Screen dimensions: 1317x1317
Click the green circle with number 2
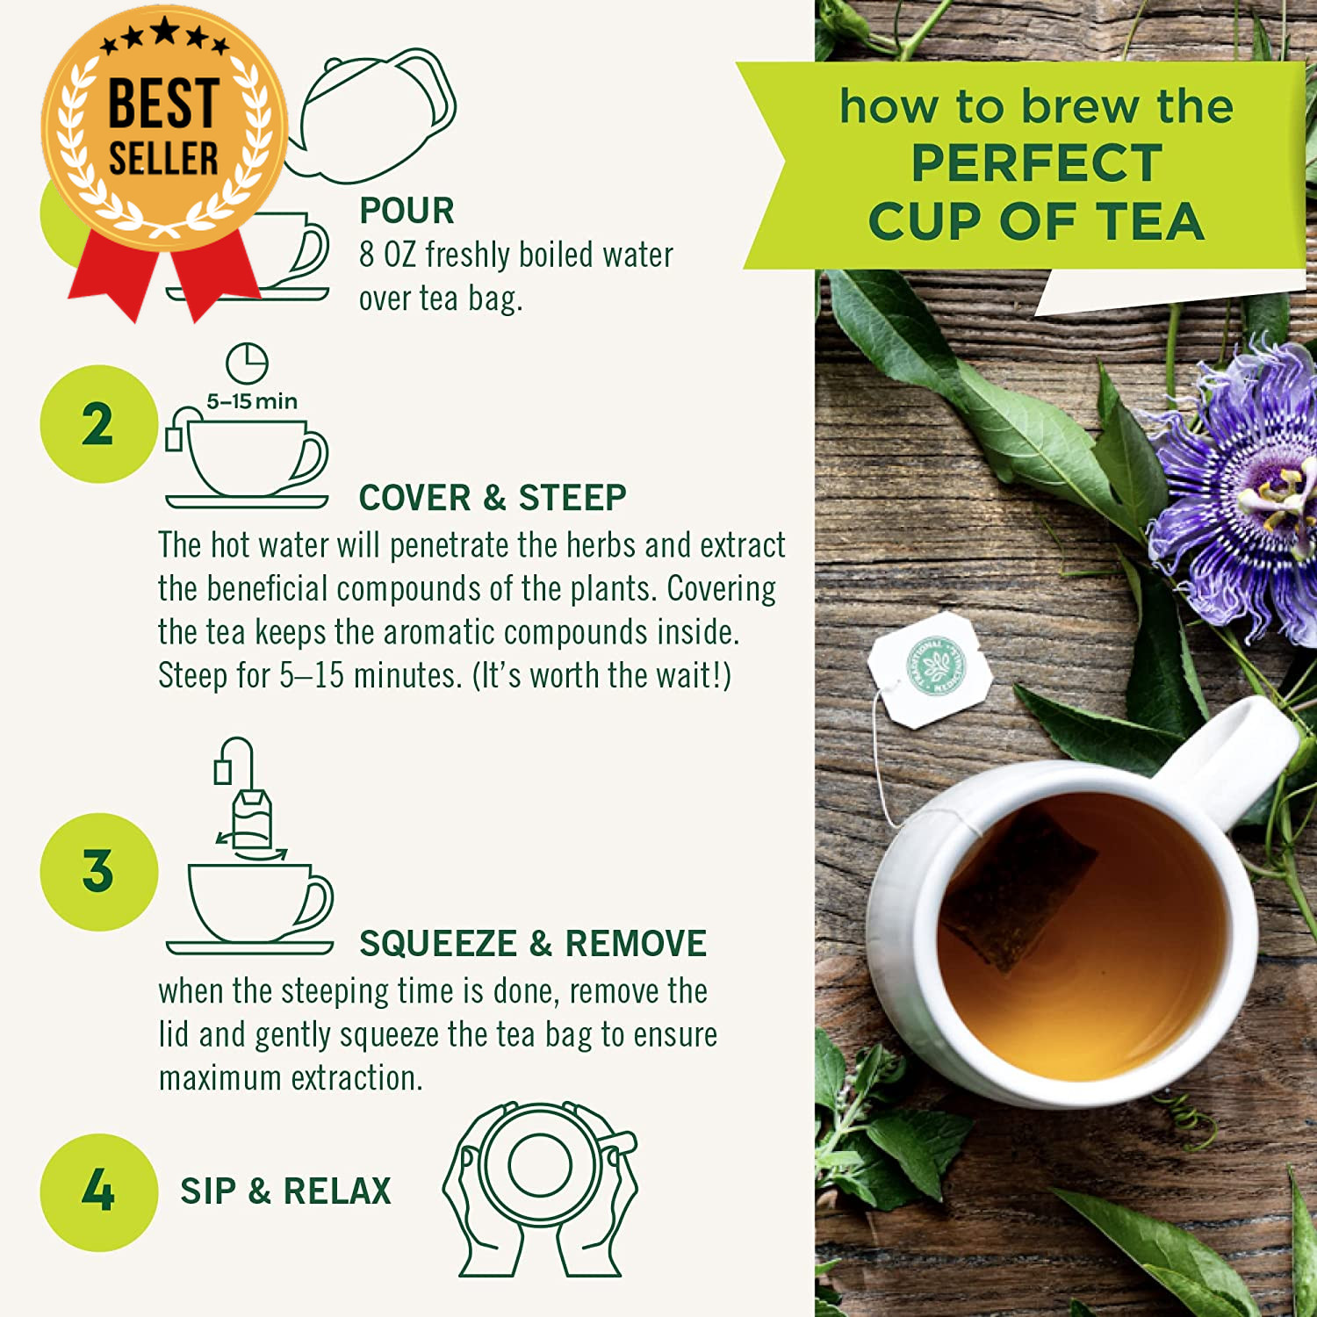[98, 424]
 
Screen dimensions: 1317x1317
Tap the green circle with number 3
[98, 872]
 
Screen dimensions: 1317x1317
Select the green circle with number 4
[98, 1191]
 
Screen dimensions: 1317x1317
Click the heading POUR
[407, 211]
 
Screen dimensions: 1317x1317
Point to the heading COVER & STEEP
[493, 498]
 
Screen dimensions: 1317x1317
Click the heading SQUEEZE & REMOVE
[533, 944]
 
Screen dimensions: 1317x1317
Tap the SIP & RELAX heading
[285, 1191]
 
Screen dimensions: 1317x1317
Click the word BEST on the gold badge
[163, 103]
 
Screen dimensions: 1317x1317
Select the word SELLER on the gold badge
[163, 158]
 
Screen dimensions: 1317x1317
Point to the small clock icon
[248, 363]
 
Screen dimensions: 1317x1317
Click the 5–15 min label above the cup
[252, 401]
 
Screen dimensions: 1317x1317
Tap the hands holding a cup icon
[540, 1190]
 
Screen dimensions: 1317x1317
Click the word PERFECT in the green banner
[1037, 162]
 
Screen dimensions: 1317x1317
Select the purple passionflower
[1238, 487]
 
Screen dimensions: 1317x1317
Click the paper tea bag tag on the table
[931, 669]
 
